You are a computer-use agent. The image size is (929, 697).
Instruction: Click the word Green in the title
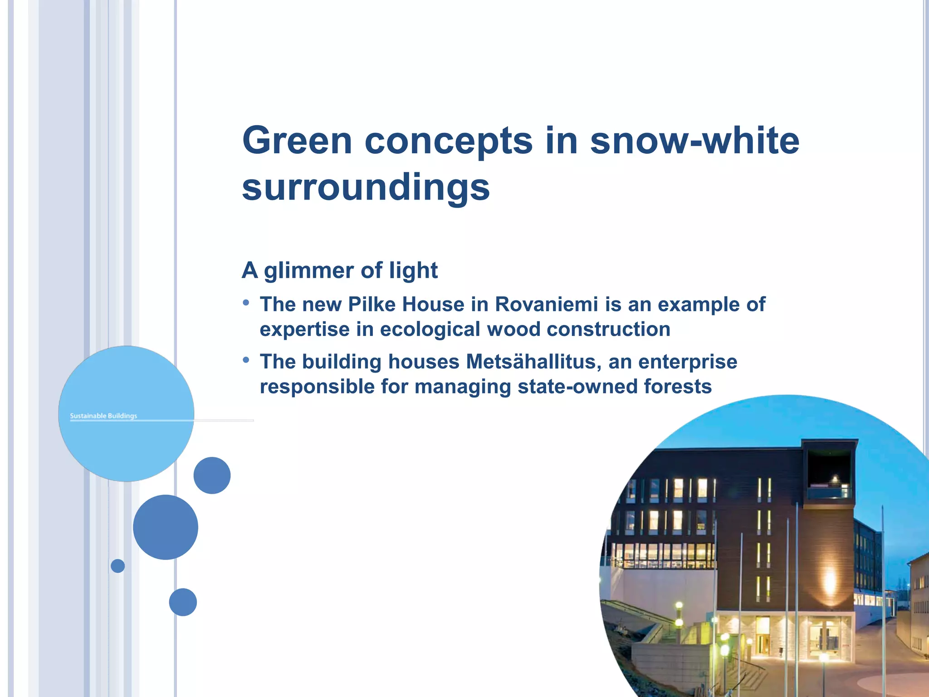click(297, 141)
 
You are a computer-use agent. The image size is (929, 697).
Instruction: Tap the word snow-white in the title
click(694, 141)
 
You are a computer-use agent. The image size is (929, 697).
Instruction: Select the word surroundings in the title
click(366, 187)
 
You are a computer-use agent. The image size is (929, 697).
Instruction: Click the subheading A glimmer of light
click(340, 270)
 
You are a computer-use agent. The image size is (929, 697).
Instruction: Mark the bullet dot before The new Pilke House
click(246, 303)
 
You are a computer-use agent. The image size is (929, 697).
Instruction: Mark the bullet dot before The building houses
click(246, 360)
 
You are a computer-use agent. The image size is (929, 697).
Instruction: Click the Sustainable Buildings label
click(103, 416)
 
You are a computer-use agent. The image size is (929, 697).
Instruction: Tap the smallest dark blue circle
click(118, 566)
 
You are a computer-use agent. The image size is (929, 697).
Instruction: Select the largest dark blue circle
click(166, 527)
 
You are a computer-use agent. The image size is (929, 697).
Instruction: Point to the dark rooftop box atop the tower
click(829, 467)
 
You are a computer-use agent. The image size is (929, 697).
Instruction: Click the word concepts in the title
click(449, 141)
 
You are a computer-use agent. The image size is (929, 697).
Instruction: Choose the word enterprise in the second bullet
click(688, 362)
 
